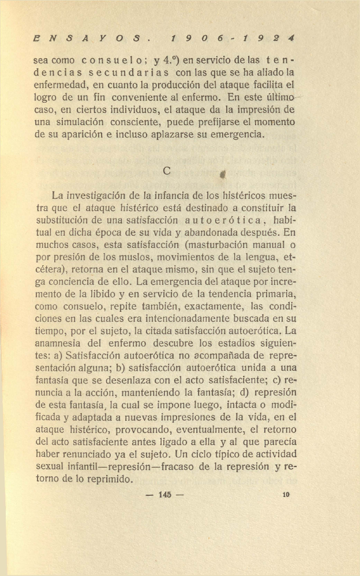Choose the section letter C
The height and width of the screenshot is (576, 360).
167,170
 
